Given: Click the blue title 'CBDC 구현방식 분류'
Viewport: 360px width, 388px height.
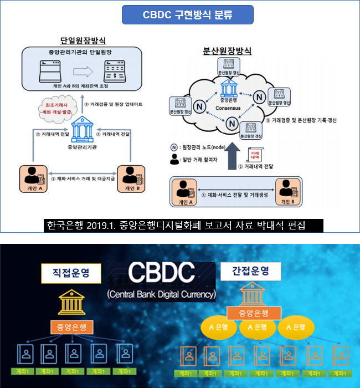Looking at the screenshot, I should (x=188, y=14).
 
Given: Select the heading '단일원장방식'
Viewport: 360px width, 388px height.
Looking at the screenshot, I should (x=83, y=40).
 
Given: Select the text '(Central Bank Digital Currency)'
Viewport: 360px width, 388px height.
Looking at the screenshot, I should (x=162, y=294).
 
